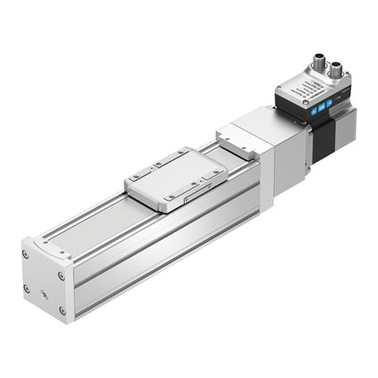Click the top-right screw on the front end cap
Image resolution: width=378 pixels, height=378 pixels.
pyautogui.click(x=60, y=274)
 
